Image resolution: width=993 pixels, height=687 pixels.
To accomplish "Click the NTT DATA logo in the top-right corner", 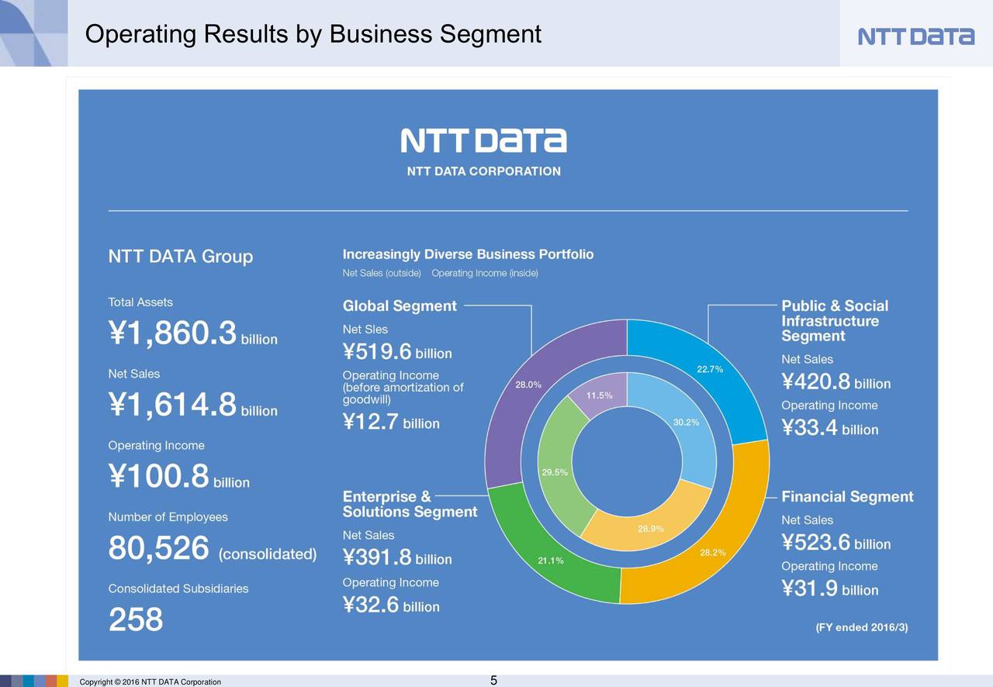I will point(915,36).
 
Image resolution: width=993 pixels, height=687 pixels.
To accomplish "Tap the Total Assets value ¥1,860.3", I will point(172,335).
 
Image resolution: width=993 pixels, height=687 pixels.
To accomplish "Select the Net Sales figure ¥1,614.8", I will point(172,406).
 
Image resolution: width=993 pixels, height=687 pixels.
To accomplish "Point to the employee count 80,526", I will point(159,550).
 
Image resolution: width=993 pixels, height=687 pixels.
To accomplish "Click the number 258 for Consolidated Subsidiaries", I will point(136,620).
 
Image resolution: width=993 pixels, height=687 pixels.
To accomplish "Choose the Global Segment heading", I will point(400,306).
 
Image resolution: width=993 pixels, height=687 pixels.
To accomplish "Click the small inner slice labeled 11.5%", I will point(599,395).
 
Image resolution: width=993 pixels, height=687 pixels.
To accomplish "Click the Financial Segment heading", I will point(847,497).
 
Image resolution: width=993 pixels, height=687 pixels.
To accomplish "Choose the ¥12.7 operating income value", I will point(371,423).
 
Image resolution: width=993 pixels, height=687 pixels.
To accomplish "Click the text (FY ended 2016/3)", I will point(861,627).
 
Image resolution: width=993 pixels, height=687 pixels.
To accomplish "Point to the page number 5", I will point(493,681).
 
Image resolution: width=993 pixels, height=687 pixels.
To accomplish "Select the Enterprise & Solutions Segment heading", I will point(410,504).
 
